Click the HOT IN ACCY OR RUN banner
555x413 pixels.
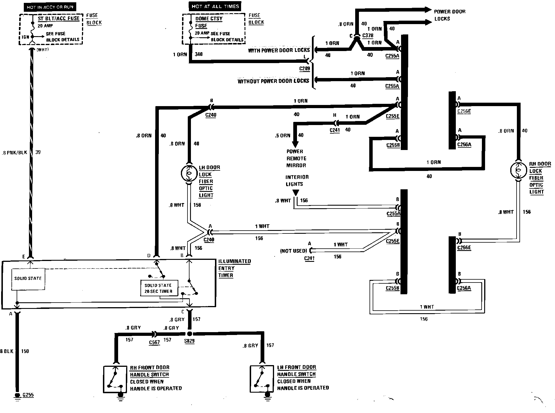[50, 7]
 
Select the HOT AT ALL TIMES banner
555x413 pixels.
[215, 6]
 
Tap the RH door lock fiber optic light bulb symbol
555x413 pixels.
[519, 170]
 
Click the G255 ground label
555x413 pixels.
[28, 395]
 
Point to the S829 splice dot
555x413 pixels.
[189, 334]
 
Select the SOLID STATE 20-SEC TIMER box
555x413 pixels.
[159, 288]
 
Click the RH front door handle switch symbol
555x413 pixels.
[115, 379]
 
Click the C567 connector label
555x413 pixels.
[154, 342]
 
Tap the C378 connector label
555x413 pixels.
[368, 36]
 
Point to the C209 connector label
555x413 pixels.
[305, 69]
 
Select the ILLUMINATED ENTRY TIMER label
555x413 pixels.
[234, 268]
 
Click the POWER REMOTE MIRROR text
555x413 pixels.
[296, 158]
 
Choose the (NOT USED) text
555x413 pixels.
[294, 251]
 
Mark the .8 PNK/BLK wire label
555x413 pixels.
[14, 153]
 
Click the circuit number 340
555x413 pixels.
[199, 54]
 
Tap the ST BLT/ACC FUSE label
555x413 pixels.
[58, 18]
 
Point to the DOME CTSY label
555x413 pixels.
[209, 19]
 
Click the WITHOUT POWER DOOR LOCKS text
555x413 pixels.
[273, 81]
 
